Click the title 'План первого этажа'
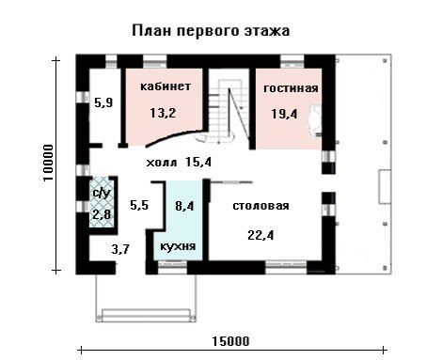coord(211,31)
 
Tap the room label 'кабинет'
coord(166,86)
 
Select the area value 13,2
coord(163,113)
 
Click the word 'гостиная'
coord(291,88)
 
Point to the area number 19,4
coord(284,114)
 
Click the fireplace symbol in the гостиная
coord(316,120)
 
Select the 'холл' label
coord(162,163)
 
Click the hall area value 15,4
coord(198,163)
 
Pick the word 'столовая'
coord(260,206)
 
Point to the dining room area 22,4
coord(260,235)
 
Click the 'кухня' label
coord(178,246)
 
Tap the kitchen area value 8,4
coord(184,206)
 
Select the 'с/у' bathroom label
coord(102,194)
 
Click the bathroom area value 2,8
coord(102,215)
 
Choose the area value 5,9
coord(103,102)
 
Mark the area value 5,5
coord(139,206)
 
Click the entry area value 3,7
coord(120,250)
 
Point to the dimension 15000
coord(231,341)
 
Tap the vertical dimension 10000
coord(48,163)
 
